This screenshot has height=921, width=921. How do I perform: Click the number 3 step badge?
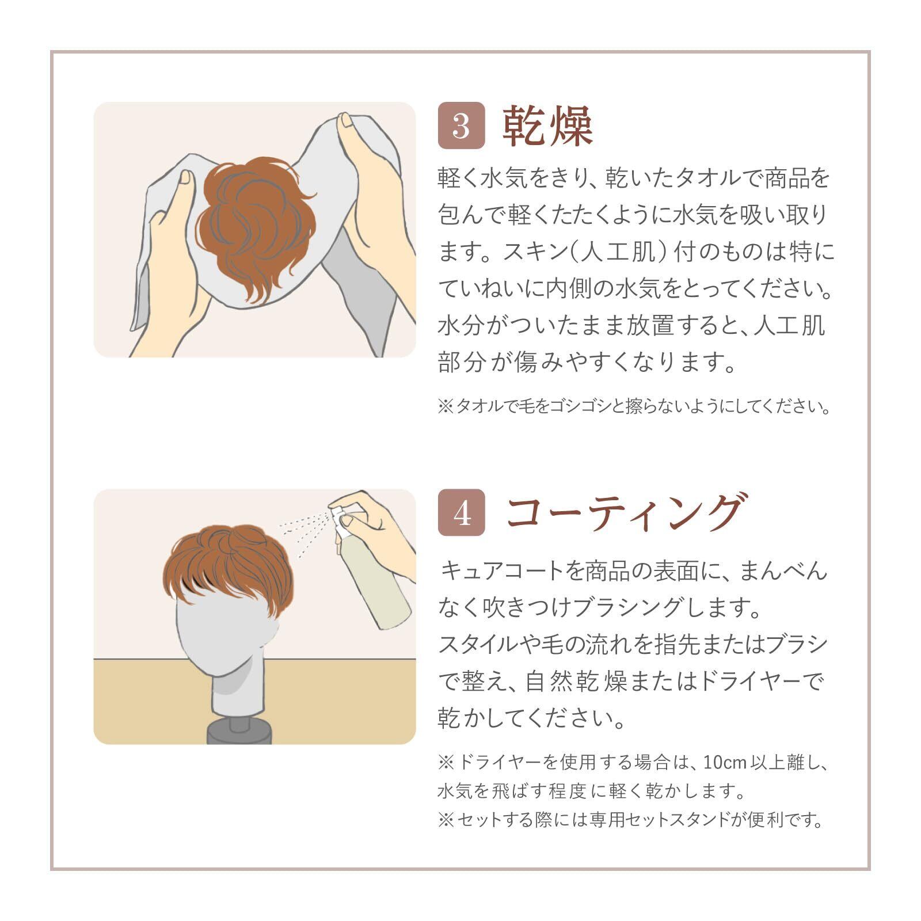(x=461, y=125)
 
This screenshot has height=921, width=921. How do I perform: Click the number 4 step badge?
(x=461, y=513)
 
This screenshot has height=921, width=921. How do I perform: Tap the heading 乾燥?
(x=547, y=126)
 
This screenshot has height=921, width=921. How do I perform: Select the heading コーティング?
(x=624, y=512)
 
